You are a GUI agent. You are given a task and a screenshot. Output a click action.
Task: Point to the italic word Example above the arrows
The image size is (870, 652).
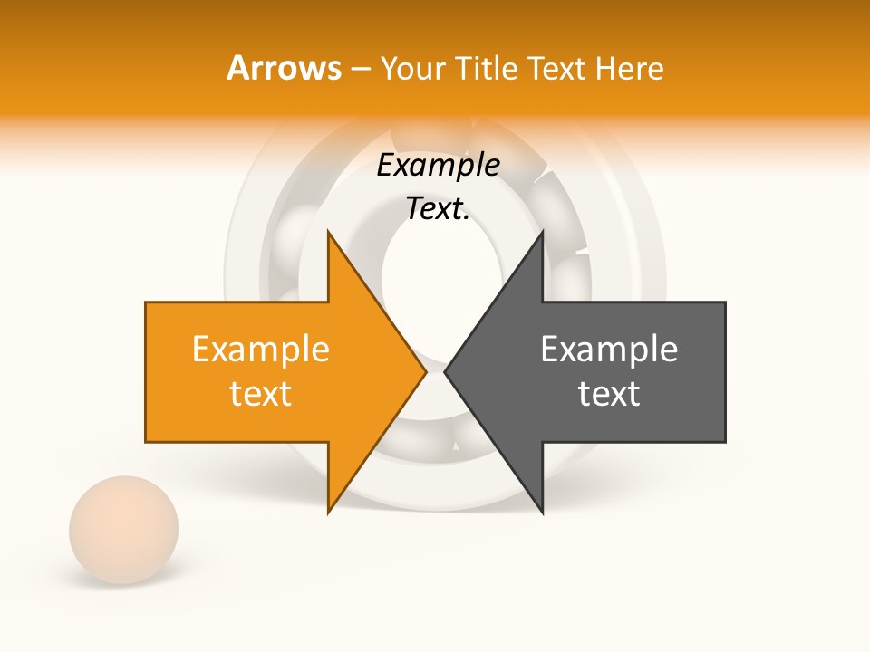coord(439,166)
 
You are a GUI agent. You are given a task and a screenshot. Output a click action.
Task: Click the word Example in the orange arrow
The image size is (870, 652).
coord(261,350)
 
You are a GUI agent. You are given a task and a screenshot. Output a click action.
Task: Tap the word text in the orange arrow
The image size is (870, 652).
coord(261,394)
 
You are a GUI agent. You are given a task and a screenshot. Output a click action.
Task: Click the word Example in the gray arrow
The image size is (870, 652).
coord(609,350)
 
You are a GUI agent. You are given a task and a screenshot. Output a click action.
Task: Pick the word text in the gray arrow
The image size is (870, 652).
coord(609,394)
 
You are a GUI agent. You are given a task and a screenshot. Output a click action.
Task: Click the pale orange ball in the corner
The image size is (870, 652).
coord(123,530)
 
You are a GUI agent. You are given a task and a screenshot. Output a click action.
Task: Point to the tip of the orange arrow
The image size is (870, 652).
coord(424,371)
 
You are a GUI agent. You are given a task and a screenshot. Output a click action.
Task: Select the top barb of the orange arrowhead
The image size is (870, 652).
coord(330,237)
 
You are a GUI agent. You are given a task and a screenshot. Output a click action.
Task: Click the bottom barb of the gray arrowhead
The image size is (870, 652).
coord(541,507)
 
